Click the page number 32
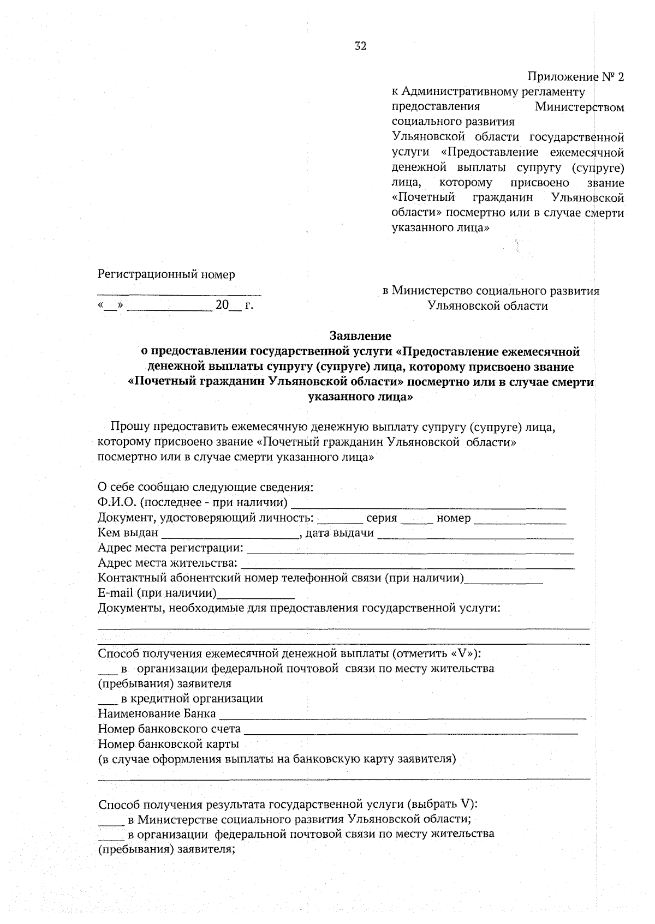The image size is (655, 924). click(x=360, y=46)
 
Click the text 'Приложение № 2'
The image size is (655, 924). click(x=575, y=76)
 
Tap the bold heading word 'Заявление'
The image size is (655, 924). click(x=360, y=336)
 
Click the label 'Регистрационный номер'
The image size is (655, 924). click(x=166, y=274)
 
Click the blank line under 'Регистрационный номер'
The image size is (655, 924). click(x=179, y=293)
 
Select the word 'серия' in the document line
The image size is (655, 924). click(x=382, y=518)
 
